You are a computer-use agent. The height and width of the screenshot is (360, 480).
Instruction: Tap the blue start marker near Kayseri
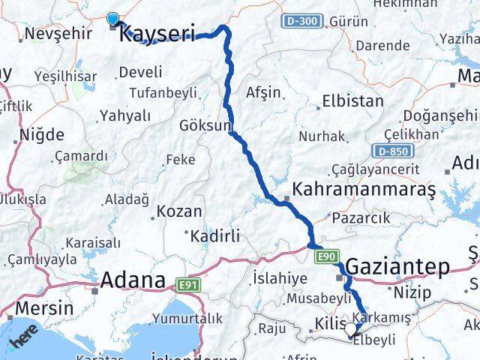tap(113, 19)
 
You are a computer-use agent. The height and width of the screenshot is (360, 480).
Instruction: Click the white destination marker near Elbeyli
tap(350, 328)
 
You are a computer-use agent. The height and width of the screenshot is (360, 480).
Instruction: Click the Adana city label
tap(133, 280)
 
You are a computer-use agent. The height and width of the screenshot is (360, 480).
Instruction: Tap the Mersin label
tap(45, 307)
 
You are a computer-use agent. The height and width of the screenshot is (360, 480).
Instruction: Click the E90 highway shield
tap(326, 257)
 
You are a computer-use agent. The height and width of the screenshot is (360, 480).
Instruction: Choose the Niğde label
tap(41, 134)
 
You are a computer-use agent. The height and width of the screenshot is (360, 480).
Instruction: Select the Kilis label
tap(327, 325)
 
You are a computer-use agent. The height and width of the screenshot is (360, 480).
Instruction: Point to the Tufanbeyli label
tap(163, 92)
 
